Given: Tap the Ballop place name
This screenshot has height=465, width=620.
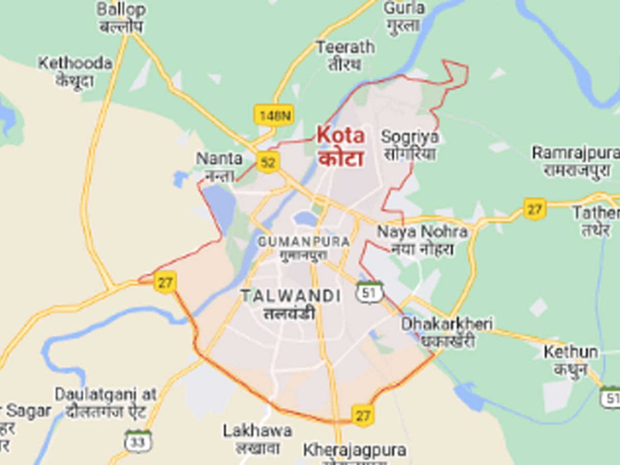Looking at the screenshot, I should (121, 17).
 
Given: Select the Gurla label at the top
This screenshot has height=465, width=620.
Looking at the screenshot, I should (404, 16).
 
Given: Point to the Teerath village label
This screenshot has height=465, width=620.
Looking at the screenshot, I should (345, 55).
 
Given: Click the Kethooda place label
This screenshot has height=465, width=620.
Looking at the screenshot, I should (75, 71).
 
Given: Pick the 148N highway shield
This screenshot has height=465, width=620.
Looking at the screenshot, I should (273, 115).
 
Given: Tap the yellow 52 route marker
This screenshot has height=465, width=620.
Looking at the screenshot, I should (268, 162).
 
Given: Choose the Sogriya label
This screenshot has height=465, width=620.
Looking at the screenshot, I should (409, 145).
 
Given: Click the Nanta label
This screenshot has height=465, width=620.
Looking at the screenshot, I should (219, 165).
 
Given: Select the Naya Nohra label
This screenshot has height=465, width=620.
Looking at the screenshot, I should (422, 239).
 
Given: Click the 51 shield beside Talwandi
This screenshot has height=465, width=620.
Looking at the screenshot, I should (369, 292).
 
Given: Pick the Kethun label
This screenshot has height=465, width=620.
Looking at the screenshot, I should (570, 360).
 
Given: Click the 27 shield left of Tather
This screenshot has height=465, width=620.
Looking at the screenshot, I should (534, 209).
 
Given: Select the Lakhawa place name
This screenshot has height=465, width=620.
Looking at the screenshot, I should (257, 438).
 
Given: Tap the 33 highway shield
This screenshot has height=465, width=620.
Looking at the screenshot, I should (138, 442).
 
